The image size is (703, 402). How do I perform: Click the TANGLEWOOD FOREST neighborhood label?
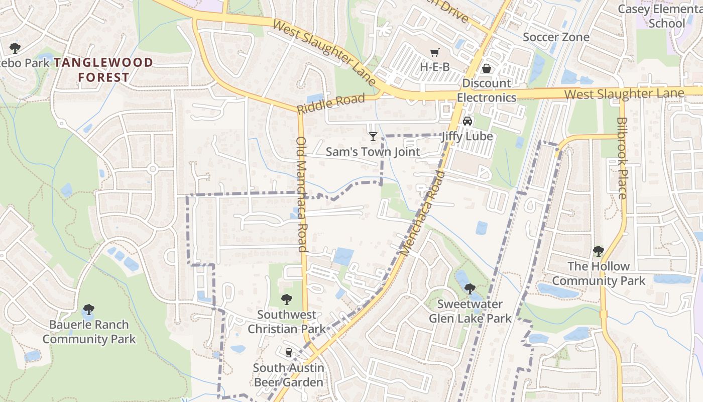point(103,70)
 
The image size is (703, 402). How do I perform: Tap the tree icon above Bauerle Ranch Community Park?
point(89,309)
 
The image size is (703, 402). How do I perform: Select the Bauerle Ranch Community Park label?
point(89,332)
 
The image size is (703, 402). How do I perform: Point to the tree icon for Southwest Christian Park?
point(287,299)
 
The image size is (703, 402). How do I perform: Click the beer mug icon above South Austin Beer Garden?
point(288,353)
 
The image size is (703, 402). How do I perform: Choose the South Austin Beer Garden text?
point(288,375)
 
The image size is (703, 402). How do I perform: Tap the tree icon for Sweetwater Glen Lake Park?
point(470,288)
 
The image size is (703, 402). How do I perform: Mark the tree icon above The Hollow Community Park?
point(598,251)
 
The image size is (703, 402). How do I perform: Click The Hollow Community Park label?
point(599,273)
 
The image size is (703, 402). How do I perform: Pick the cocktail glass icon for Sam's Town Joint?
point(373,136)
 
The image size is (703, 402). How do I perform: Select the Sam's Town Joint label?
point(373,151)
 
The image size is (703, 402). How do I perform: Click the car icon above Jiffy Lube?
point(467,121)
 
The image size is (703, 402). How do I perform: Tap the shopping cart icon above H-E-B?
point(435,52)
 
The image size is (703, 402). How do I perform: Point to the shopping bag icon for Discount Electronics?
point(486,68)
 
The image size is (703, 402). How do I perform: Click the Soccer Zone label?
point(556,37)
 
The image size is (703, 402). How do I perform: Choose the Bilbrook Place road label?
point(622,158)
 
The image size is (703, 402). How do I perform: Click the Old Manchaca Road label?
point(302,194)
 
